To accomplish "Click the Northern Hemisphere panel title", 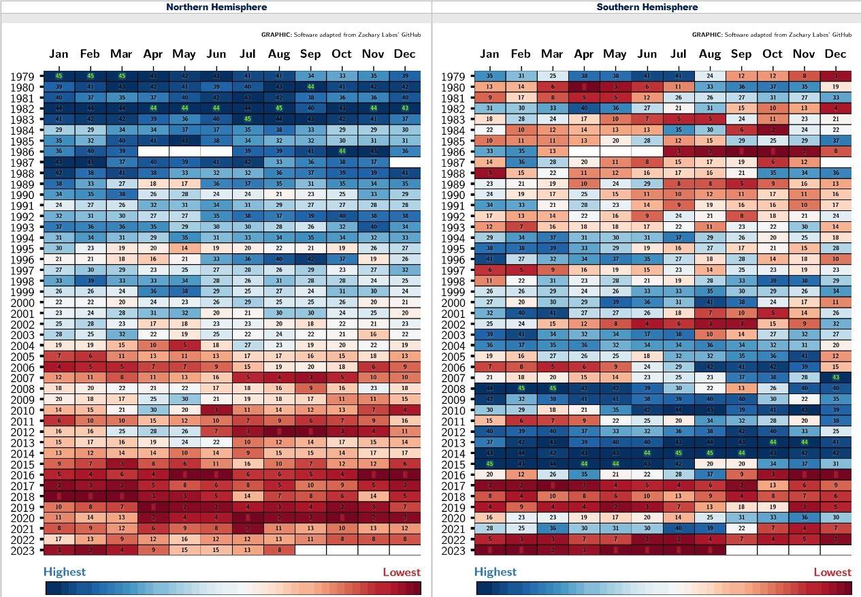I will (x=216, y=7).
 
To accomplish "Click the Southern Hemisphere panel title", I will (x=647, y=7).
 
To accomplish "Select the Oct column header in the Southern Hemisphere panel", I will (x=773, y=54).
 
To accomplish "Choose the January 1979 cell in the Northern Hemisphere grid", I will (x=59, y=76).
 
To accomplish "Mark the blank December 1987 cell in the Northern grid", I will (x=404, y=162).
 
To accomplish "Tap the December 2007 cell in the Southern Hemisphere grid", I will (x=835, y=377).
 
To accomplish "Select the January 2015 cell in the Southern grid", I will (x=489, y=464).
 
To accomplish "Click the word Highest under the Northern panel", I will (x=65, y=572).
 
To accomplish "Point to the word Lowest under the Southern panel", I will (x=832, y=572).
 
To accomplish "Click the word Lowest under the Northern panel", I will (x=401, y=572).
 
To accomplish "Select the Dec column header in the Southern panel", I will (x=835, y=54).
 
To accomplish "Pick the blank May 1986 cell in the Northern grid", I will (x=184, y=152).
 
